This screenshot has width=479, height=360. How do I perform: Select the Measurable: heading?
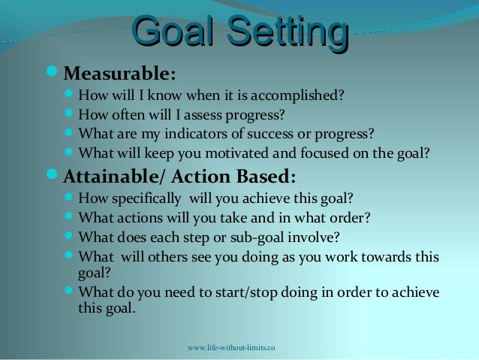point(120,74)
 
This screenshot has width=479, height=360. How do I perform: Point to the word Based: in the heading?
point(265,177)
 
